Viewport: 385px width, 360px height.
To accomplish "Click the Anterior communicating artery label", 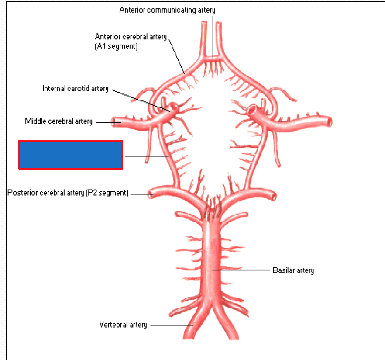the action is [167, 10].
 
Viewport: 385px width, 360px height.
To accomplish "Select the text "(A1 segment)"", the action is [116, 46].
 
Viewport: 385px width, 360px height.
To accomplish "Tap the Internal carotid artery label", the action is [76, 88].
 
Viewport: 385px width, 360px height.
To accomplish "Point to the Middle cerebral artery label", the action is [58, 121].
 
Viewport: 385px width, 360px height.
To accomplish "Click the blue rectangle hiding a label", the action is [70, 154].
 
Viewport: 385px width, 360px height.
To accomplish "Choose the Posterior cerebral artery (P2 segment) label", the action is [68, 193].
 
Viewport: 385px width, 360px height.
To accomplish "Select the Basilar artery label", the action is [293, 270].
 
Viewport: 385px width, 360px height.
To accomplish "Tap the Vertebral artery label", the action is [123, 325].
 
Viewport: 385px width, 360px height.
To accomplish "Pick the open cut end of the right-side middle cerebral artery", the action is [328, 122].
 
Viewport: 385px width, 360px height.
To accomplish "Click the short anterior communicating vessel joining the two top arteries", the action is [213, 57].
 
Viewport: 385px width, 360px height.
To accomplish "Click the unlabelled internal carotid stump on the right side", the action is [253, 109].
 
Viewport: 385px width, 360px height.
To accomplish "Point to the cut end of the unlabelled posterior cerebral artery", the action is [274, 197].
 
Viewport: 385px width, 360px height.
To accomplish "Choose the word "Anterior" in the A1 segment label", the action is [107, 37].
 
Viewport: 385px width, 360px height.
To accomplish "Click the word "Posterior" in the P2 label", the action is [22, 193].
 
